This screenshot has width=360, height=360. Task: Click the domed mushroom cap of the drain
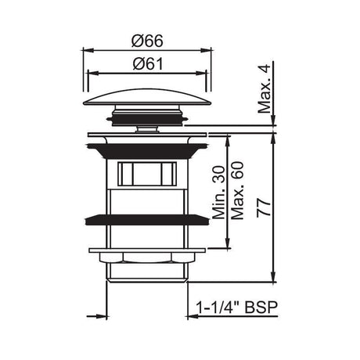[x=146, y=99]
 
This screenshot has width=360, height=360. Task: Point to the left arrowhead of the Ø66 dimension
[x=85, y=48]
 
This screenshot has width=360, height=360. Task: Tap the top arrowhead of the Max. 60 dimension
[x=227, y=138]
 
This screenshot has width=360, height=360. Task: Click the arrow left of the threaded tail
[x=102, y=317]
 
